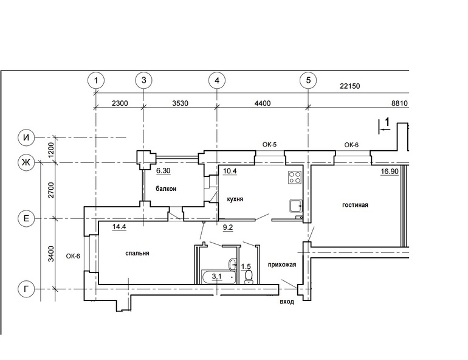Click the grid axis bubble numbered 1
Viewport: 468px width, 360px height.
click(96, 81)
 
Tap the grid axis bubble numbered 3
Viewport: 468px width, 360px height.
click(144, 80)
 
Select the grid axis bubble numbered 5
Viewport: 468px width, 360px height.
click(308, 80)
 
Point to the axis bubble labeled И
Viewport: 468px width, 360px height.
click(27, 137)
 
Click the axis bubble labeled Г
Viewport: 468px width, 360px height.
click(27, 289)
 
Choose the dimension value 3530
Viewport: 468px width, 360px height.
click(181, 103)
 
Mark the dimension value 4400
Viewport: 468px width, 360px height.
click(263, 103)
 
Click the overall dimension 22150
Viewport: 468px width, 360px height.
click(350, 86)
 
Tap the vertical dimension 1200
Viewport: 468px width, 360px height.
click(51, 150)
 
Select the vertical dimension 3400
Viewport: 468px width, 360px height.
click(51, 254)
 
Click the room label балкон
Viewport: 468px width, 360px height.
click(166, 189)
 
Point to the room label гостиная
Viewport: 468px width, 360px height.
click(355, 205)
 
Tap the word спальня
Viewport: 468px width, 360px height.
click(137, 253)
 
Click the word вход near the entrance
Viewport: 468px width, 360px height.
click(287, 302)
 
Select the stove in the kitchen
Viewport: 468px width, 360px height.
click(295, 177)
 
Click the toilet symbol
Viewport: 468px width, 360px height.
click(249, 277)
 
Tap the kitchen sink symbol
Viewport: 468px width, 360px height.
click(296, 206)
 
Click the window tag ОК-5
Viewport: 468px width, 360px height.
click(269, 145)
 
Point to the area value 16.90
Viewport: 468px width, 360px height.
click(390, 171)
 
